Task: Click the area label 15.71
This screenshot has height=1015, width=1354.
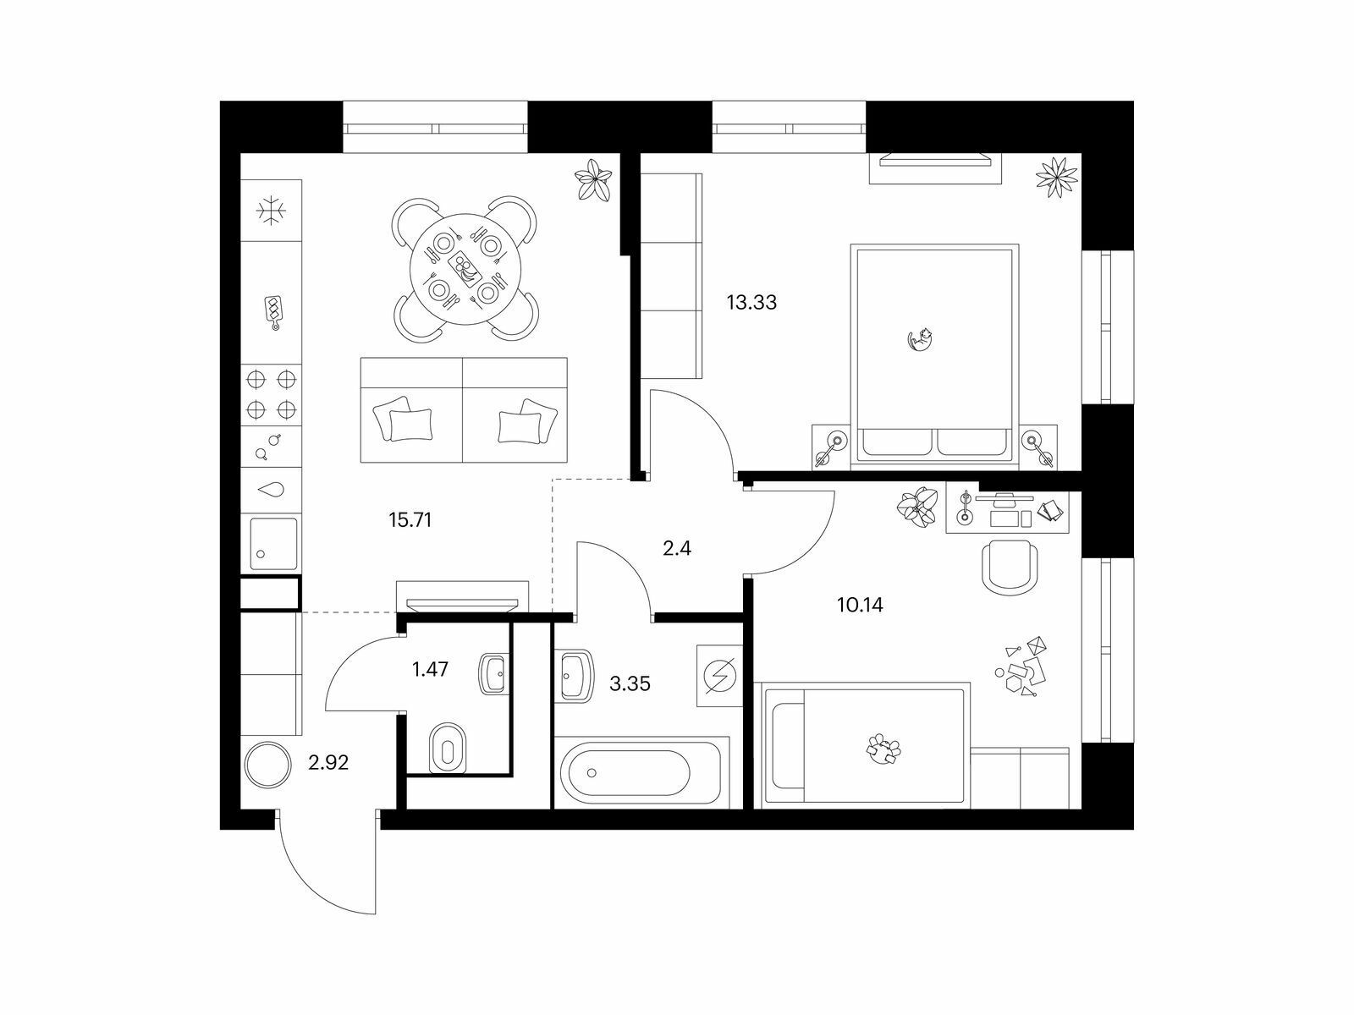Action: pos(410,521)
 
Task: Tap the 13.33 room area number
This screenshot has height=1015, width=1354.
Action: pos(751,303)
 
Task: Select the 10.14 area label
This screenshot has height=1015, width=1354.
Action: pos(860,605)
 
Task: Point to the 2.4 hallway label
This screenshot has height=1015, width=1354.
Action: pos(677,548)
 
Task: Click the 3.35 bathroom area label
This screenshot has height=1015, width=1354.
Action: pos(630,684)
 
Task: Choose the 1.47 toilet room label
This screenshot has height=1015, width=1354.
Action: pos(430,669)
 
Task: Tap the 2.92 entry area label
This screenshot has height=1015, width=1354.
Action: pos(328,763)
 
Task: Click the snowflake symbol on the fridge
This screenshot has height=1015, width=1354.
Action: pos(272,211)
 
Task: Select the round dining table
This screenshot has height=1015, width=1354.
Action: pos(465,269)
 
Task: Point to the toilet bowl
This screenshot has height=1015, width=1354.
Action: pos(447,748)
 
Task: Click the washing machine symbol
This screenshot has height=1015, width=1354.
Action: pos(720,676)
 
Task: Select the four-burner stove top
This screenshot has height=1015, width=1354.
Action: pos(272,394)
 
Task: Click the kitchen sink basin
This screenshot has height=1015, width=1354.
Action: pos(272,544)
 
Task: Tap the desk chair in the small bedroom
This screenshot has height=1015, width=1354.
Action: pos(1009,568)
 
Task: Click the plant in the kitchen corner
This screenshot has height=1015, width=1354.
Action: pos(593,179)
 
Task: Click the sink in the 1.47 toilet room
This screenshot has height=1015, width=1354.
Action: pos(493,674)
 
